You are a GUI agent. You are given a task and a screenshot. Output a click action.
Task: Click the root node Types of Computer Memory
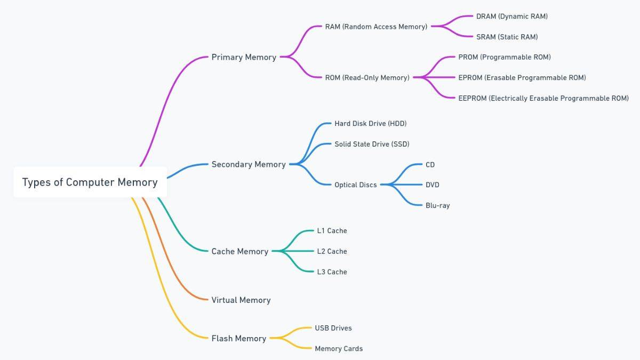90,182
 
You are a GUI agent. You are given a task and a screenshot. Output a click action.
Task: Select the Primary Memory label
244,57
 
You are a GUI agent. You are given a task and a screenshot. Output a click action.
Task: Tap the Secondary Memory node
249,164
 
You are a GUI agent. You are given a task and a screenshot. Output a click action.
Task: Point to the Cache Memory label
239,251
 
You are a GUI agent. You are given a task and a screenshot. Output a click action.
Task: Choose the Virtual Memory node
241,300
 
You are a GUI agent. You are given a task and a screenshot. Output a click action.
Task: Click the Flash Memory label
238,338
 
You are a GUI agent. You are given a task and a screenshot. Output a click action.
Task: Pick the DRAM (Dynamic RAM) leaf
511,17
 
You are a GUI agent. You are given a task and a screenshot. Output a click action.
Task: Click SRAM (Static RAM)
507,37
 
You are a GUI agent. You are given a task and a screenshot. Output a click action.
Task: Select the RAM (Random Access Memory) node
376,27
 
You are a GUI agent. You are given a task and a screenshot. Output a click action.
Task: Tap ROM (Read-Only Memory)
367,78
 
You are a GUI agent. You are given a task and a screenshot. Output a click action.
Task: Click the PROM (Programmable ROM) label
504,57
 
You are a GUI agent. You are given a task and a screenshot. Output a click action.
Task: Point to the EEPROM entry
543,98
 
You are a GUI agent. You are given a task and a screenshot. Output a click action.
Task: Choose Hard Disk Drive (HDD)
370,124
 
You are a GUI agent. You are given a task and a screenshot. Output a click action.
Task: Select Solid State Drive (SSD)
372,144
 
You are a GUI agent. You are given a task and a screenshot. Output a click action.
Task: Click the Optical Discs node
355,185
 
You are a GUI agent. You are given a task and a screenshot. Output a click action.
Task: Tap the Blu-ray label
437,205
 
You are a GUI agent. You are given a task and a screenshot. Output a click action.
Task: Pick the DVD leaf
432,185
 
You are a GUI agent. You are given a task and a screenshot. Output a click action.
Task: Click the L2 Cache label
332,251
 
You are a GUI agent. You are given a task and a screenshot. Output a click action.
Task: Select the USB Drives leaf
333,328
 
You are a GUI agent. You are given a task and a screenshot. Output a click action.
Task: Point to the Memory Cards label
338,349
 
